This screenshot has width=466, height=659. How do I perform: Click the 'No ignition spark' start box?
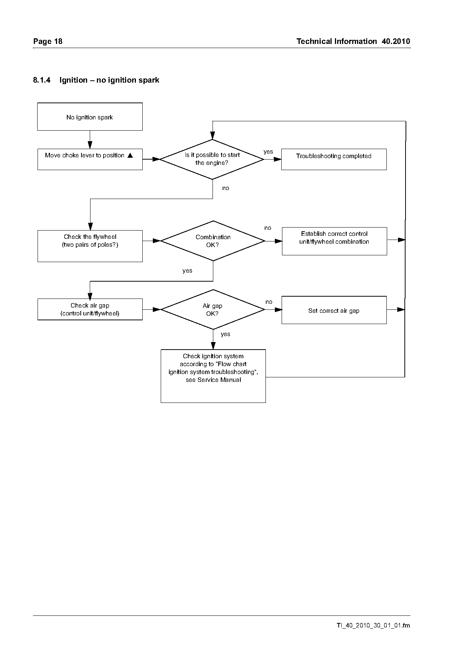pos(90,117)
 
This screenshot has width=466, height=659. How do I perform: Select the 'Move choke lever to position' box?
pos(90,159)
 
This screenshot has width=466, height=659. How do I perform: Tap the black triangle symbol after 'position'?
pos(130,155)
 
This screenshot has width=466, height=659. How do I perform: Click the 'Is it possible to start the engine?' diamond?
pos(212,159)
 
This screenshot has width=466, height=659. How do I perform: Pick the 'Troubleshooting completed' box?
pos(334,159)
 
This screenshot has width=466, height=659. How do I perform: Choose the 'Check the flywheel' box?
pos(90,246)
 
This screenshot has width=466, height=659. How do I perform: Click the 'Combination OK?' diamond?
pos(213,241)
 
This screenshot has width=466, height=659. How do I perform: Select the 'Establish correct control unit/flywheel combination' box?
pos(334,241)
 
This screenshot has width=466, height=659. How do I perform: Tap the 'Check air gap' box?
pos(90,309)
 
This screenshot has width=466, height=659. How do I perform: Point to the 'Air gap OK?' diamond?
pos(213,309)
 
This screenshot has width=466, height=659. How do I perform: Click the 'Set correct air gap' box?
pos(334,310)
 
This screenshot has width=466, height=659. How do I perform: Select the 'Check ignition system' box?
pos(213,376)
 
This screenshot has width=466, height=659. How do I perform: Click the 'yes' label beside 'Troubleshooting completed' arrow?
pos(268,152)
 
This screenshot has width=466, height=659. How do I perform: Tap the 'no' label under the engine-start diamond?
pos(226,188)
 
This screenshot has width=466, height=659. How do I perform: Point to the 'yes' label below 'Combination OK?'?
pos(187,271)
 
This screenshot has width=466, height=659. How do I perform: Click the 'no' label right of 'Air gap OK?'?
pos(269,302)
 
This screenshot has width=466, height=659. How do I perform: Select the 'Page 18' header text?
pos(48,41)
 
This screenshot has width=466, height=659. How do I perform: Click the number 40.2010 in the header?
pos(396,41)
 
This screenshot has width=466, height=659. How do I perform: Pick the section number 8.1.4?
pos(42,80)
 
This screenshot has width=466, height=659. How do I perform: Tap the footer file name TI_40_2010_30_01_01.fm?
pos(373,626)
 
